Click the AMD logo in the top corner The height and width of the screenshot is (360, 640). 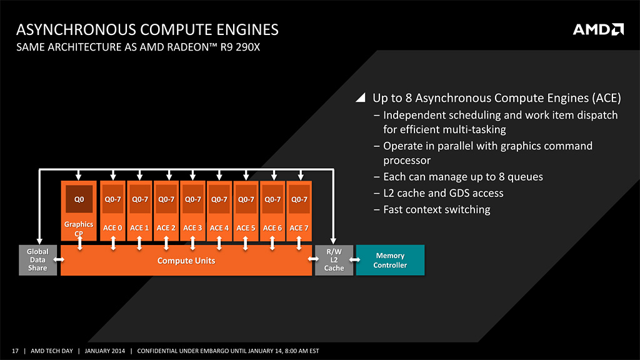point(598,29)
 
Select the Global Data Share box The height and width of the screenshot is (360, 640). point(37,260)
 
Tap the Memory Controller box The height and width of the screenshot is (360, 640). point(390,260)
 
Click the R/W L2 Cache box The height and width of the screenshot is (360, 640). point(334,260)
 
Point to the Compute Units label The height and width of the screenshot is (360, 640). point(186,261)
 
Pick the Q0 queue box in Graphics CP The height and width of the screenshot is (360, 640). point(79,199)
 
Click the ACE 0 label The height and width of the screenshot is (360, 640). point(112,228)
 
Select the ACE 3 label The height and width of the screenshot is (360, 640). point(192,228)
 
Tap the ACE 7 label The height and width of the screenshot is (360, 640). point(299,228)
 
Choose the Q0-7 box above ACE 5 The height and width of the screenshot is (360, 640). point(246,199)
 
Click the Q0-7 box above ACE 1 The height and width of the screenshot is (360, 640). point(139,199)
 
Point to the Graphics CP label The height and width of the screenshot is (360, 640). point(79,228)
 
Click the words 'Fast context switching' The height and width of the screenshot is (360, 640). point(436,209)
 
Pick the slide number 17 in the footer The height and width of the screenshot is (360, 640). point(15,351)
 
